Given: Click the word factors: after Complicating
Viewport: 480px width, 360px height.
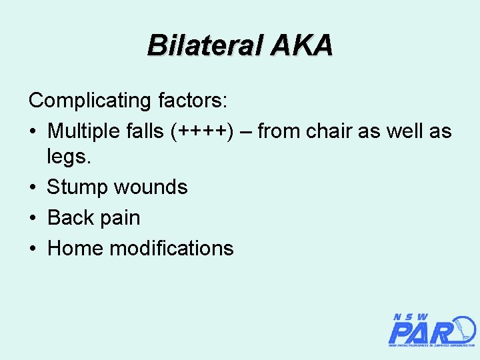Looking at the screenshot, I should [193, 101].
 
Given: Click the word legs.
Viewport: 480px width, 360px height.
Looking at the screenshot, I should [69, 157].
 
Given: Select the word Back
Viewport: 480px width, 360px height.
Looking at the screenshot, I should [71, 217].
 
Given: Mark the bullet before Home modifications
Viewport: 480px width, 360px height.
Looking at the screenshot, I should [33, 249].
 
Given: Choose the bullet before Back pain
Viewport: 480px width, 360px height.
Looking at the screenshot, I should [33, 218].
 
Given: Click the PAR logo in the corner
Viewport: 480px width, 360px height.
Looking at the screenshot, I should [431, 330].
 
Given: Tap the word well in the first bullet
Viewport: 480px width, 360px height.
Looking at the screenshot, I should [406, 131].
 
